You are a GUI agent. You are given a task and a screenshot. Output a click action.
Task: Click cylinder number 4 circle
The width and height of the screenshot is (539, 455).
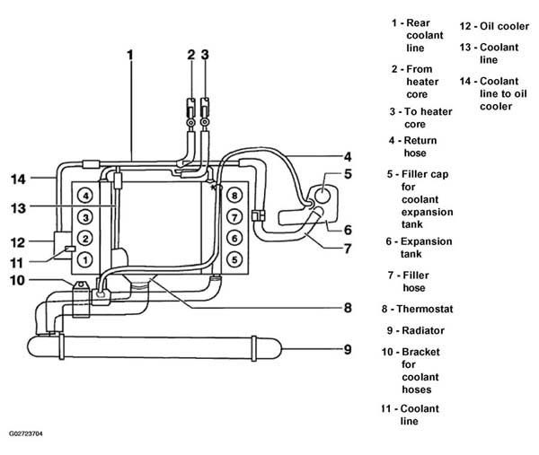click(85, 196)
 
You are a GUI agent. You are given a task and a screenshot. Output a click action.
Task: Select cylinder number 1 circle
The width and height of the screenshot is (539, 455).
click(85, 260)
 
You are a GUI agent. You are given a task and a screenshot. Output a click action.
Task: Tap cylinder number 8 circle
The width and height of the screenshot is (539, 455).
click(234, 196)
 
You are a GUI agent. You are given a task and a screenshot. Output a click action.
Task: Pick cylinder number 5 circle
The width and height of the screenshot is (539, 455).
click(234, 259)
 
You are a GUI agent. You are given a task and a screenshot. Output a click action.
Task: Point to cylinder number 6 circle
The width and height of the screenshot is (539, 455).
click(234, 239)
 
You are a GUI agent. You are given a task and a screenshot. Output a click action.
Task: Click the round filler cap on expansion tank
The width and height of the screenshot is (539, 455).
click(323, 195)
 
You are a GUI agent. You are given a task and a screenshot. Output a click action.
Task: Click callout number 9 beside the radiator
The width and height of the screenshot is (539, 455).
click(348, 350)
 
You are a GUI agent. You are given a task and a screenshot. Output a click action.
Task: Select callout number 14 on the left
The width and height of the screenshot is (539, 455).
click(18, 179)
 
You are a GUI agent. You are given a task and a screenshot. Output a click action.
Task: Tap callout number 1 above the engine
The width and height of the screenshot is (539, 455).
click(130, 55)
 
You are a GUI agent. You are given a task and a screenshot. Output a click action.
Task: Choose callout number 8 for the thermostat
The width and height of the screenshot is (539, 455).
click(348, 308)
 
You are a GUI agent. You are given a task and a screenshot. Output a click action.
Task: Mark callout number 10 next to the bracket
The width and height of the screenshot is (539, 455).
click(18, 280)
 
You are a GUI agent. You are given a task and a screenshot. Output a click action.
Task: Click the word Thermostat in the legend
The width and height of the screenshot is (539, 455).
click(425, 309)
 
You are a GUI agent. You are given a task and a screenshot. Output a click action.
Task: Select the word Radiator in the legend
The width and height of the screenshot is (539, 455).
click(423, 330)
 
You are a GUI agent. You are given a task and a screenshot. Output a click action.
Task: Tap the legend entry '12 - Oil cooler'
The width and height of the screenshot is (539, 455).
click(494, 26)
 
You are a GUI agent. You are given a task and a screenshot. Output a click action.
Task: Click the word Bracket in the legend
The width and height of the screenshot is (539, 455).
click(420, 352)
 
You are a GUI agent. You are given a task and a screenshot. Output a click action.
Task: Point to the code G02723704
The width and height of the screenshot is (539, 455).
click(26, 433)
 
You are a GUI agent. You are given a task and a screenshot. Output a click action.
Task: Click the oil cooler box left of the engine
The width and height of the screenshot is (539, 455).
click(63, 245)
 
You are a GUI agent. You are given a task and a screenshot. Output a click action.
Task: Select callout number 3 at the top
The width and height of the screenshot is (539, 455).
click(205, 55)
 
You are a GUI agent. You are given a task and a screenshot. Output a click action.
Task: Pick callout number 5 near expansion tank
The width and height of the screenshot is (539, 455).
click(348, 174)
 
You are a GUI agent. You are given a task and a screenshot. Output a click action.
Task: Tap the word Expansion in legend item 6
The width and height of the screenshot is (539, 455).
click(426, 241)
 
